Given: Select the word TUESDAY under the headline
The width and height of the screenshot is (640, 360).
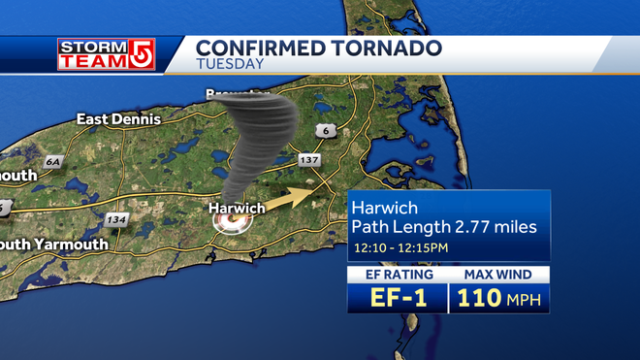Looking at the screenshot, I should click(230, 65).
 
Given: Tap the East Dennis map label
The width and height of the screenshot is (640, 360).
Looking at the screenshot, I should click(117, 119).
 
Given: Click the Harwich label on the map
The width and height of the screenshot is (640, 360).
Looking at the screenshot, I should click(238, 208).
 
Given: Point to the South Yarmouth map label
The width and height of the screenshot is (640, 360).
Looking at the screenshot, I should click(54, 245).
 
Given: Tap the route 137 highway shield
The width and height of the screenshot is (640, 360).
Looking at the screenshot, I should click(309, 159).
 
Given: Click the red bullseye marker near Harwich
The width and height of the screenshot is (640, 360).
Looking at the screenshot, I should click(232, 225).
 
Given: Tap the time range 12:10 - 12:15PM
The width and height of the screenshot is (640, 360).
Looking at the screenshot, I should click(400, 249).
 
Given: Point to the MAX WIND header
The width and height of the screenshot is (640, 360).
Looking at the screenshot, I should click(498, 276).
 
